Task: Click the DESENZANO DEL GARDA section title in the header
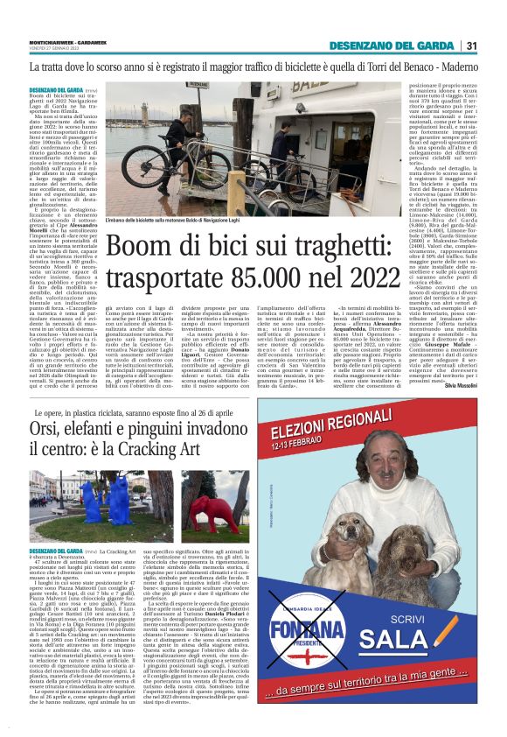click(392, 46)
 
